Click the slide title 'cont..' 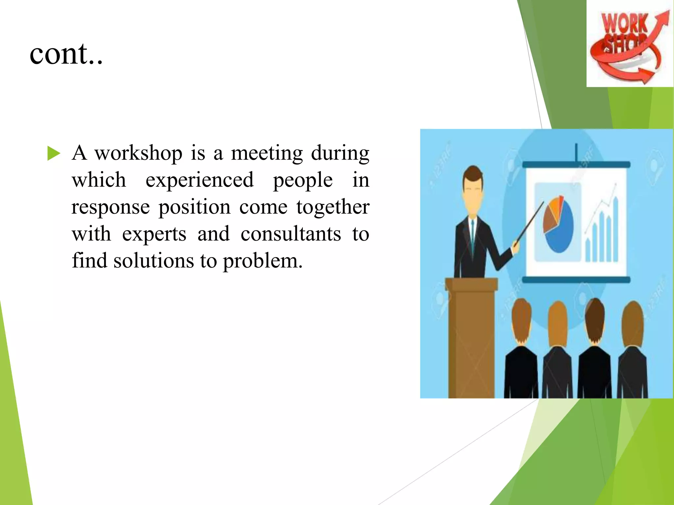point(66,53)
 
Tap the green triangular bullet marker point(54,154)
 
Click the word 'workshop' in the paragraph point(139,153)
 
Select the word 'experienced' point(199,180)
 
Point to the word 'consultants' point(291,234)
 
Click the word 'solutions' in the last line point(154,261)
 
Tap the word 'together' point(332,207)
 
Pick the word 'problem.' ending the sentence point(262,261)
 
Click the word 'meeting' point(267,153)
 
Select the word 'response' point(111,207)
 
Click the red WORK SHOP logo point(629,46)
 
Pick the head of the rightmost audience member point(632,322)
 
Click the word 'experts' point(154,234)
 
